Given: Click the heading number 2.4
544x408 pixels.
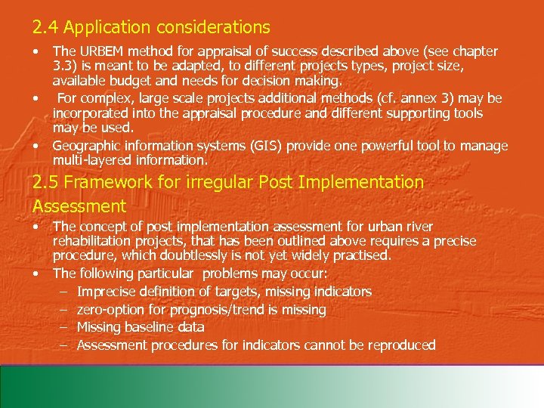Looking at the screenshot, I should [x=44, y=28].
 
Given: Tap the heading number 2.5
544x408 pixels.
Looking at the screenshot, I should [x=45, y=182].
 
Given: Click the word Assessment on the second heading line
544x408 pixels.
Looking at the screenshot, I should [x=79, y=206].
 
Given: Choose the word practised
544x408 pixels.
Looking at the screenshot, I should [x=362, y=255].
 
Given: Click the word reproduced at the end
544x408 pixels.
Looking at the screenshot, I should [x=400, y=345].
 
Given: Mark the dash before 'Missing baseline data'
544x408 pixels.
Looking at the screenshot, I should [x=64, y=327].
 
